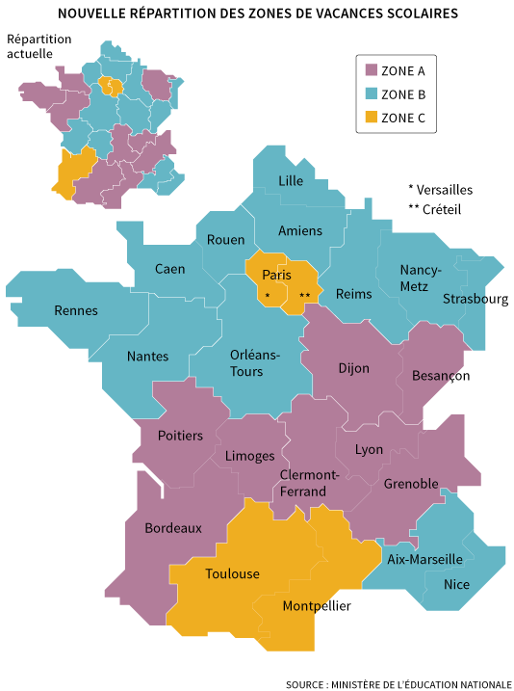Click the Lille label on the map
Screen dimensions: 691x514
click(290, 181)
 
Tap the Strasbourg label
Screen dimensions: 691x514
click(475, 299)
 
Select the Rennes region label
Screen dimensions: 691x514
click(75, 310)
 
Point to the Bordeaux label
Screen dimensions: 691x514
click(173, 528)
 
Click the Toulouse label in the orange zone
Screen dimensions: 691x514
click(232, 573)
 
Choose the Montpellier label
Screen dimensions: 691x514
click(317, 606)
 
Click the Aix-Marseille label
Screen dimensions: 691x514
click(424, 559)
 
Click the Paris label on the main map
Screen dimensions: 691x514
click(276, 275)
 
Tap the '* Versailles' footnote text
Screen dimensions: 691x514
click(440, 190)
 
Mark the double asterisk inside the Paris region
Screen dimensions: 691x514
click(305, 295)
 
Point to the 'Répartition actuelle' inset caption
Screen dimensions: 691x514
click(39, 46)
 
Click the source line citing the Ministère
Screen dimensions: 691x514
click(398, 683)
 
